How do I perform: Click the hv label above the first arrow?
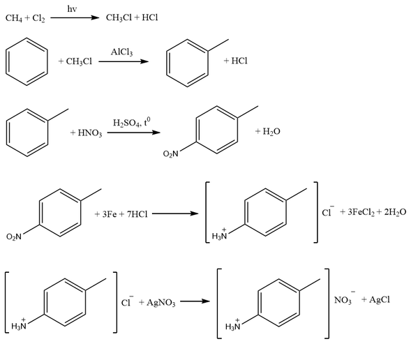pos(72,9)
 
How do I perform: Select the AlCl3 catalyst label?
pos(121,52)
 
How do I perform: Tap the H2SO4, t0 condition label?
pos(131,123)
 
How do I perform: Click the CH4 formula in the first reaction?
pos(13,18)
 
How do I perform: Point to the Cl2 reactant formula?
pos(38,18)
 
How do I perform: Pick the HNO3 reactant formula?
pos(90,133)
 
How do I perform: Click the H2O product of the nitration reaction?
pos(271,131)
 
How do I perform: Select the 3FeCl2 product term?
pos(361,212)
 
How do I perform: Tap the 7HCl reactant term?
pos(137,214)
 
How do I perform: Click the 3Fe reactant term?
pos(110,214)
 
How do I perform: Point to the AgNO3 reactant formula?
pos(161,303)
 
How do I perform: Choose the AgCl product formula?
pos(380,300)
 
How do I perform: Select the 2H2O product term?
pos(395,212)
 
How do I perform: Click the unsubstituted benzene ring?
pos(27,38)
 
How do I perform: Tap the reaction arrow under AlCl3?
pos(124,61)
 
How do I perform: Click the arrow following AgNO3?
pos(195,301)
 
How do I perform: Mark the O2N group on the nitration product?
pos(170,153)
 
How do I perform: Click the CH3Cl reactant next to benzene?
pos(79,61)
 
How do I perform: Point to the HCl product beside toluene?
pos(239,61)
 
